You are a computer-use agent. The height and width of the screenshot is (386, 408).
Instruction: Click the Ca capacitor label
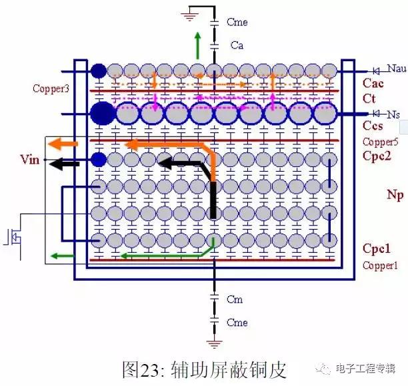point(237,45)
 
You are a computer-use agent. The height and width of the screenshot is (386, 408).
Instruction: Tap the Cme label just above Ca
point(237,22)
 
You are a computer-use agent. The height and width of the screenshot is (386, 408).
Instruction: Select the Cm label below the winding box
point(235,299)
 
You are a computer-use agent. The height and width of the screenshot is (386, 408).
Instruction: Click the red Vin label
point(30,159)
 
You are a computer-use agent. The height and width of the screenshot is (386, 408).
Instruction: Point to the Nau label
point(397,69)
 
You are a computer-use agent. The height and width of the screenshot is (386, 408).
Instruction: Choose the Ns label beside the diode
point(393,114)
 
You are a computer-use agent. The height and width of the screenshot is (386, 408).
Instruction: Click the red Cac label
point(373,83)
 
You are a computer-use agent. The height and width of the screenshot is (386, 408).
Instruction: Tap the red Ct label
point(369,98)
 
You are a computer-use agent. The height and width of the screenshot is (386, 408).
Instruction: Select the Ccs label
point(373,126)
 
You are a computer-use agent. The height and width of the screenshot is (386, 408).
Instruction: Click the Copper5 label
point(381,142)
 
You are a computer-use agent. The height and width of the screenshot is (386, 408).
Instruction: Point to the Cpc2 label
point(377,156)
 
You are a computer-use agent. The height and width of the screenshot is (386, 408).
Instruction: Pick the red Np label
point(395,195)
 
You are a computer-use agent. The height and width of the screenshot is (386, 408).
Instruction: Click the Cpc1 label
point(377,249)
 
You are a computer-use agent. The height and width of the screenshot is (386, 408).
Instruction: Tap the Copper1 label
point(380,266)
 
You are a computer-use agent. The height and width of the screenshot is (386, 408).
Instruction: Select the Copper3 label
point(51,89)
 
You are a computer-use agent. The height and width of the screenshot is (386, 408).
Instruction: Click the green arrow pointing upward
point(198,45)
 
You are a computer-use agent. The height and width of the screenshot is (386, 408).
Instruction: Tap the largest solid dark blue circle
point(103,114)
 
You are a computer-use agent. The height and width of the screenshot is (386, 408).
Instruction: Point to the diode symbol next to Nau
point(376,71)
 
